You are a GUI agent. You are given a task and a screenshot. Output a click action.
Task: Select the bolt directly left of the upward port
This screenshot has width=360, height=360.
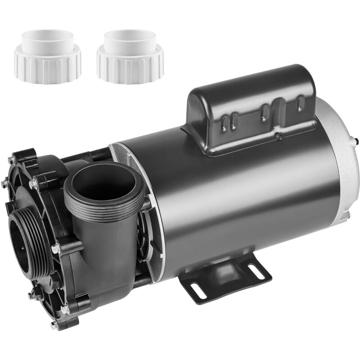[33, 184]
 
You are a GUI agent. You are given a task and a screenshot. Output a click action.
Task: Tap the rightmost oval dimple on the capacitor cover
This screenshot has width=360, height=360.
[299, 104]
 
